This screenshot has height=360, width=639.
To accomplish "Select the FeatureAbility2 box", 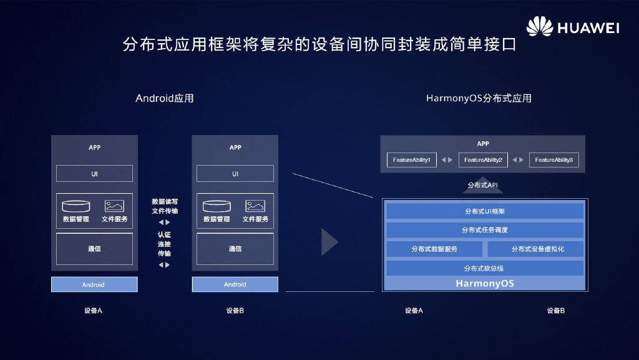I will point(483,160).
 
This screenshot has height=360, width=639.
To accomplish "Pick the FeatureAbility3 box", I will point(554,160).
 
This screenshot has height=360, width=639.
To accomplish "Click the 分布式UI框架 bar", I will point(485,211).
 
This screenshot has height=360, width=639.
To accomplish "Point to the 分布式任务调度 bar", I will point(485,230).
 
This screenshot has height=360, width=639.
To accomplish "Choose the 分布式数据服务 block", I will point(434,249).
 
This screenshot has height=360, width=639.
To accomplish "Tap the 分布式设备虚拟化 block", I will point(536,249).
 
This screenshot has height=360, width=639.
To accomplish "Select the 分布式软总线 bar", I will point(485,268).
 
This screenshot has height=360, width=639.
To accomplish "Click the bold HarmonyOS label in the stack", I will point(485,283).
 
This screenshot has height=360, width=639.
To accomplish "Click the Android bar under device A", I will point(94,284).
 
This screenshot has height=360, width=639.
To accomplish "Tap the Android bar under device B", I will point(235,284).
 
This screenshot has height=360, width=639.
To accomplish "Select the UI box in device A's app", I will point(94,174).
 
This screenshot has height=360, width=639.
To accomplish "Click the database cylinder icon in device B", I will point(217,206).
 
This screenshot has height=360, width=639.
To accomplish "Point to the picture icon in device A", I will point(114,206).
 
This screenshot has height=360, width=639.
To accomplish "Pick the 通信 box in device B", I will point(235,249).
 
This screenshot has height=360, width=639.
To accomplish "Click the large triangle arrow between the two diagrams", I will point(329,242).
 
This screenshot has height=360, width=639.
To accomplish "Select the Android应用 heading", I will point(165,98).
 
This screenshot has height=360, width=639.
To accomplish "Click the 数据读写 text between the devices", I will point(164,201).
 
